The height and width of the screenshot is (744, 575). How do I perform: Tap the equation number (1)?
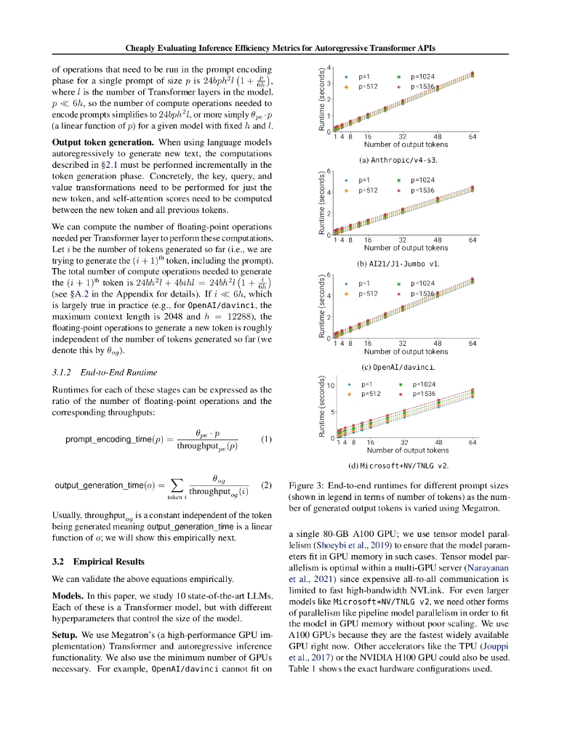(x=265, y=439)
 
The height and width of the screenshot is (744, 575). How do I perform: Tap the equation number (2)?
(x=265, y=485)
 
